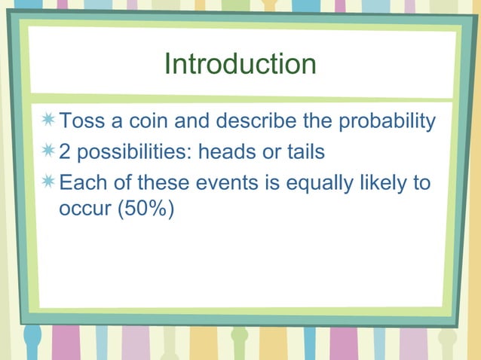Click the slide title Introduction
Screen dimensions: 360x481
point(240,64)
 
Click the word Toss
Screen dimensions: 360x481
point(80,121)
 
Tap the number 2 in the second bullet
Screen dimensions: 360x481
point(66,152)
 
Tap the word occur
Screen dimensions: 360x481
point(84,209)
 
